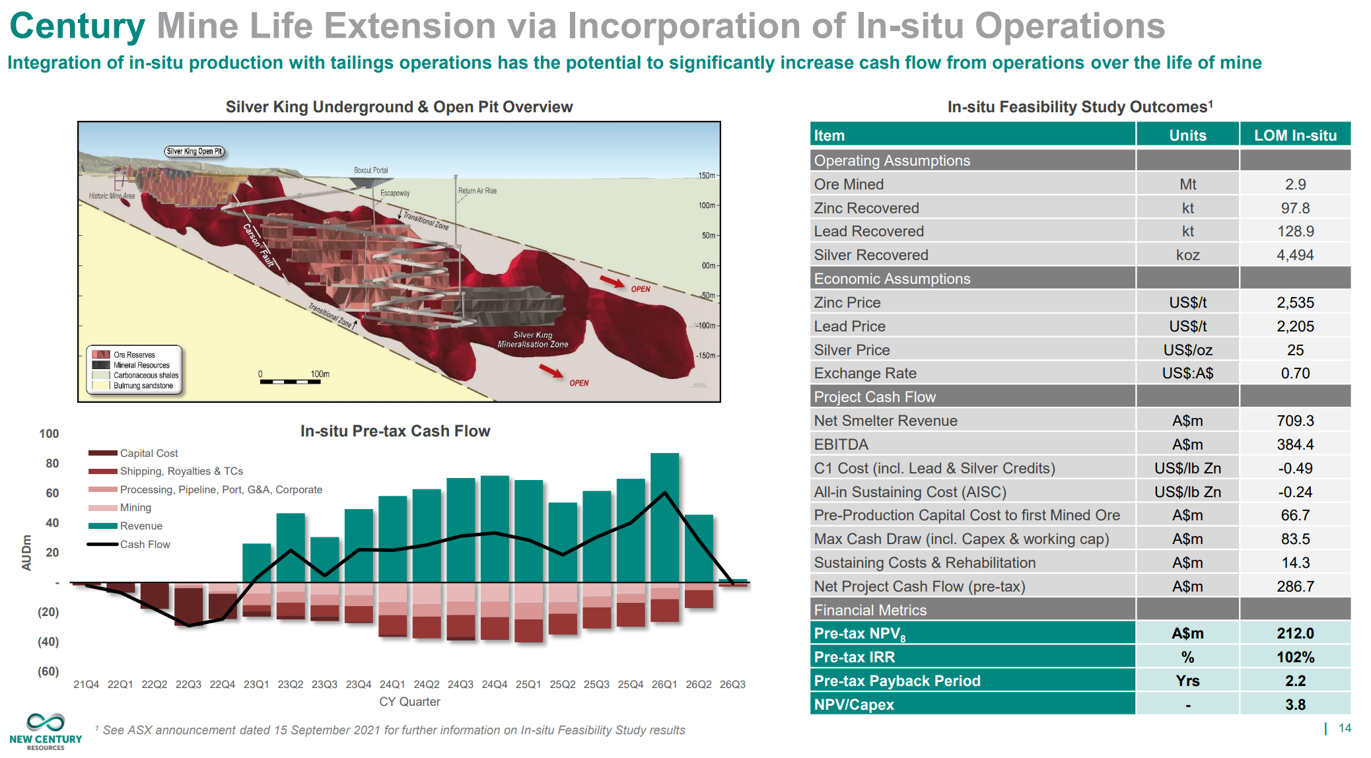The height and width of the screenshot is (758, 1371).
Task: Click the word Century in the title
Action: point(77,26)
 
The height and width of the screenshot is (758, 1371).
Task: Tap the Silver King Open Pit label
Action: point(194,151)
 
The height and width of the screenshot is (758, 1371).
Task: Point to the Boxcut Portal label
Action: point(370,170)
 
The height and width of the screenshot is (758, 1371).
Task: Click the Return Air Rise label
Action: point(477,191)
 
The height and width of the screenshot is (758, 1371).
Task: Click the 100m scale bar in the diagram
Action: point(291,381)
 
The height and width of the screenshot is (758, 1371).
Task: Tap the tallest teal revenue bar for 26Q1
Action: point(664,515)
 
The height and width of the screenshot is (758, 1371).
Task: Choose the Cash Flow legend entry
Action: point(145,544)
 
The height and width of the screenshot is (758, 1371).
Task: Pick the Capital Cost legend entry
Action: point(149,453)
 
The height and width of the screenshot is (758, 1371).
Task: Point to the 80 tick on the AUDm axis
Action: point(52,464)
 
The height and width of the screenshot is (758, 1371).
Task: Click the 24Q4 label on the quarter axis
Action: point(494,684)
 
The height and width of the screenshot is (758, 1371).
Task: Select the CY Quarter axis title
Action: point(409,701)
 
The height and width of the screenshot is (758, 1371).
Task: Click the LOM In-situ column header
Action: point(1295,135)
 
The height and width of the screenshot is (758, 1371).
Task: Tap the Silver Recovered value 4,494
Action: point(1295,255)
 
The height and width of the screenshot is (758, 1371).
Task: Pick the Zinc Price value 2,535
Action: point(1295,302)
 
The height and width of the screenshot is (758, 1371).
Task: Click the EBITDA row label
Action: point(841,444)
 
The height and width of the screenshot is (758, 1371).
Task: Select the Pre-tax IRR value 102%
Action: point(1295,657)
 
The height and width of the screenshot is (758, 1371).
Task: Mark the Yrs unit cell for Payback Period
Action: point(1187,681)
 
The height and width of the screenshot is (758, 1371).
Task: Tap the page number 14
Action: point(1345,728)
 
